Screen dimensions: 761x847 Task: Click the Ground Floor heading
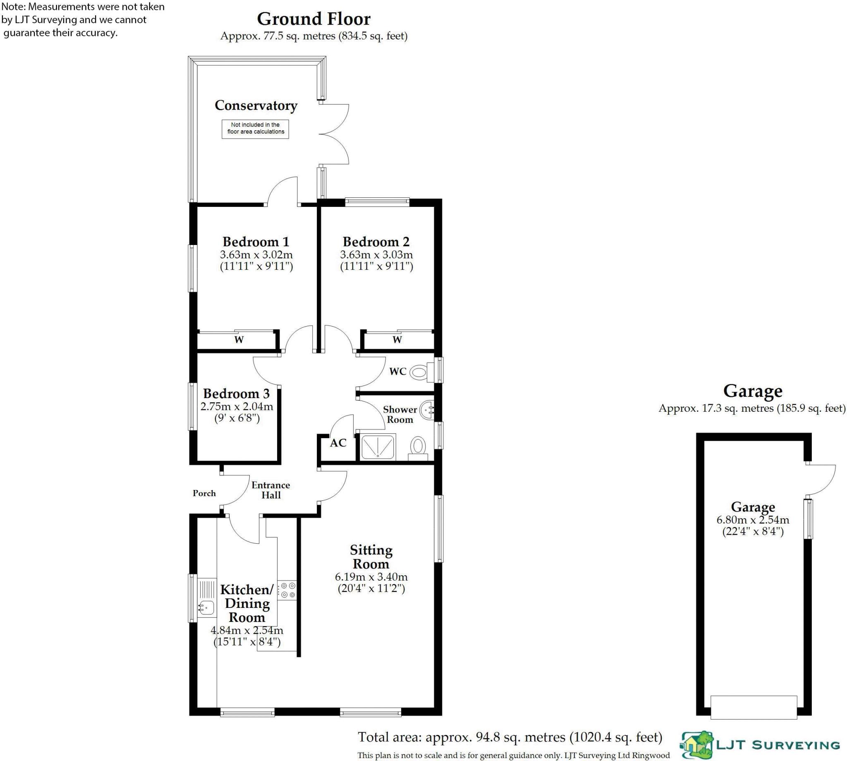313,19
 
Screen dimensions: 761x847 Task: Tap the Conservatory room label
256,106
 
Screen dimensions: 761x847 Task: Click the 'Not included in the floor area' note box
255,128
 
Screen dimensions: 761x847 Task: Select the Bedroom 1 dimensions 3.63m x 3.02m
256,254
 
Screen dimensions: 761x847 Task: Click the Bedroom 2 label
376,242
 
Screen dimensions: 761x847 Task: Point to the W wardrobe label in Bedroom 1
239,339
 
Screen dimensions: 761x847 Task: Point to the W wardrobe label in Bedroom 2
397,339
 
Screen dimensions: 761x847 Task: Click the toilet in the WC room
419,371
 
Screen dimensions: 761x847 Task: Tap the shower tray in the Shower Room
378,447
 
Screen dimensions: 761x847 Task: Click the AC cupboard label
338,443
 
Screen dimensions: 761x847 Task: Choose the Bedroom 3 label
236,394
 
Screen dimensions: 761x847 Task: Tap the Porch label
204,493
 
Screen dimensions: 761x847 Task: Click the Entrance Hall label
271,490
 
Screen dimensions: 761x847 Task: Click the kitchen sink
206,607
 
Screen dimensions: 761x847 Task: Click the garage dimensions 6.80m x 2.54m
753,520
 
